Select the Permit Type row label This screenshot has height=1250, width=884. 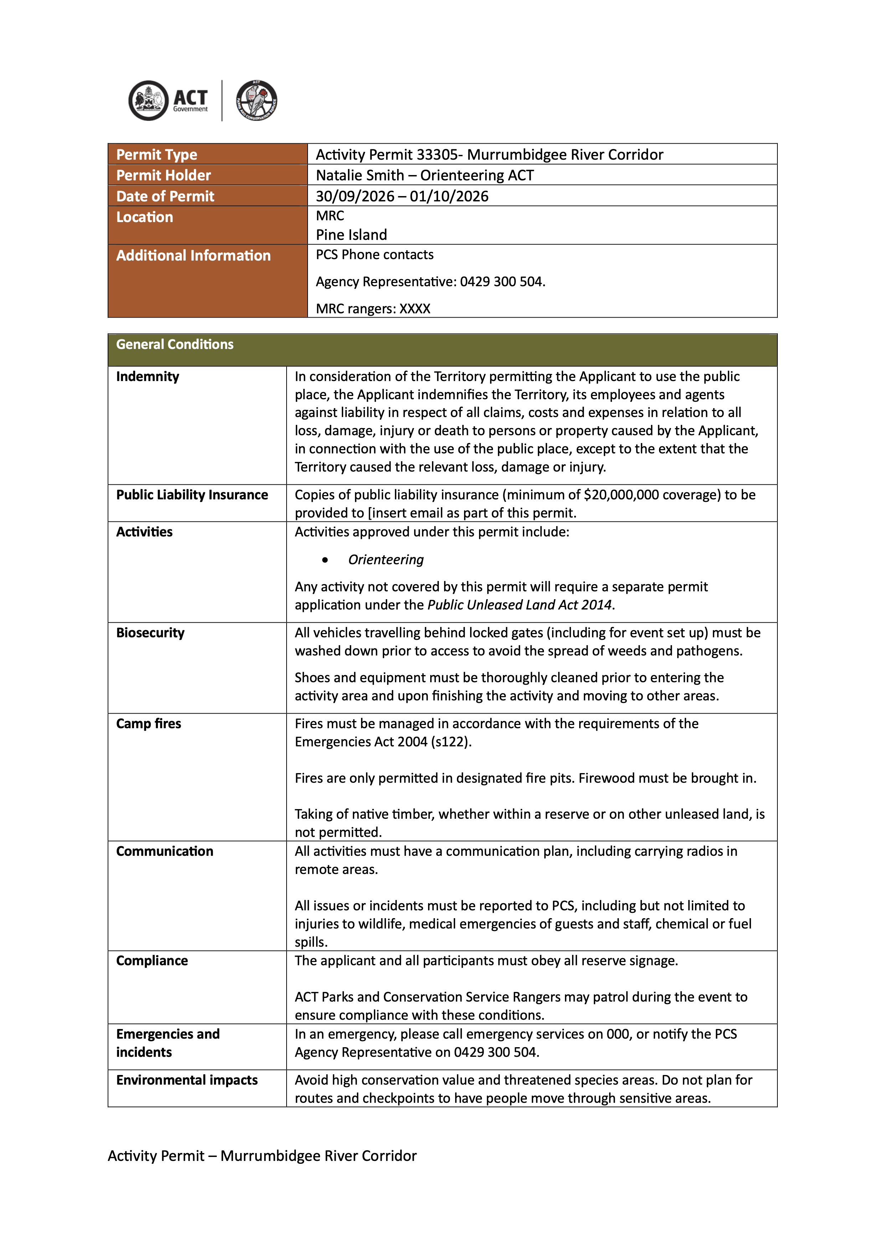pyautogui.click(x=157, y=155)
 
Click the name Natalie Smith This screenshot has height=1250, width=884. pyautogui.click(x=360, y=175)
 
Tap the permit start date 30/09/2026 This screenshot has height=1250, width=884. pyautogui.click(x=355, y=196)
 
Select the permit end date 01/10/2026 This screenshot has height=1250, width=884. pyautogui.click(x=449, y=196)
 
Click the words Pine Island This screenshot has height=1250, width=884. pyautogui.click(x=351, y=235)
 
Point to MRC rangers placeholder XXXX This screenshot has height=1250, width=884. pyautogui.click(x=415, y=309)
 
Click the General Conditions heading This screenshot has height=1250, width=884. pyautogui.click(x=175, y=344)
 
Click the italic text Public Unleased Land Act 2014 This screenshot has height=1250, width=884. pyautogui.click(x=520, y=605)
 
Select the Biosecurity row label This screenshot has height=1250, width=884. pyautogui.click(x=150, y=633)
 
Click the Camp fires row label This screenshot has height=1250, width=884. pyautogui.click(x=149, y=724)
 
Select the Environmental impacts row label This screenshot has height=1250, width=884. pyautogui.click(x=187, y=1080)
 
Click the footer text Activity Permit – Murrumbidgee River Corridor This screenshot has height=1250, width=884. pyautogui.click(x=262, y=1156)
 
